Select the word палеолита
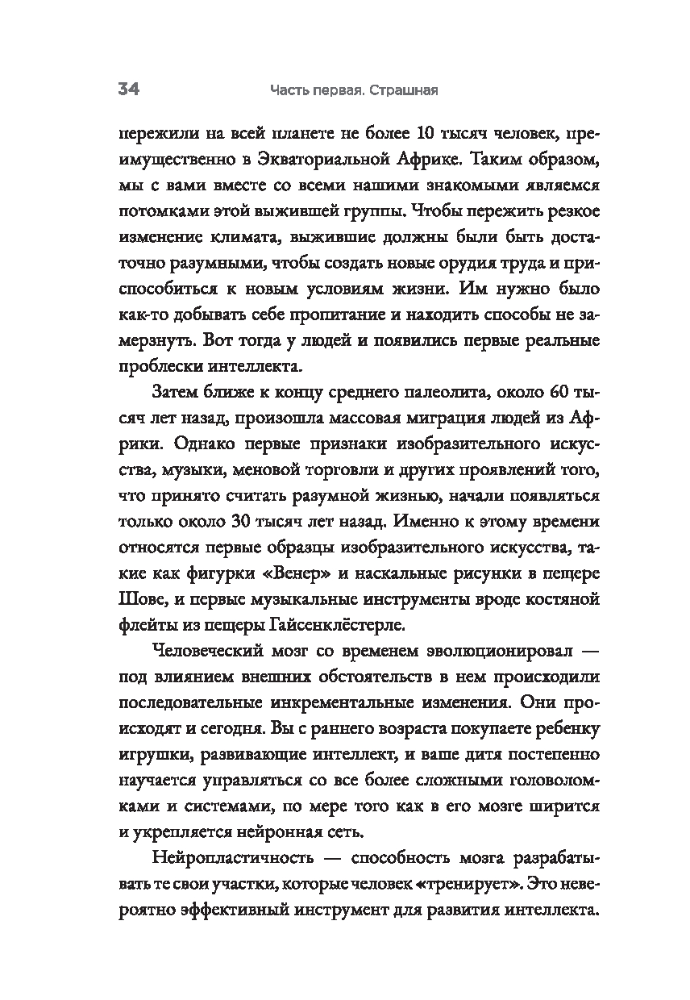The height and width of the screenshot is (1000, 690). point(460,394)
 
